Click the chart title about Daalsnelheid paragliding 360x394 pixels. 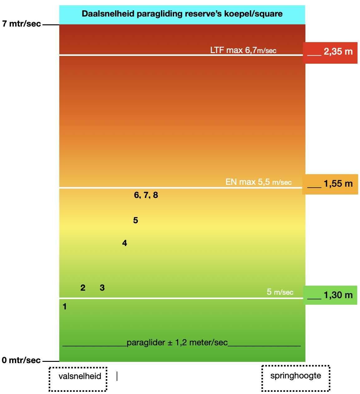[x=182, y=14]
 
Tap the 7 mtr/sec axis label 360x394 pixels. [x=22, y=24]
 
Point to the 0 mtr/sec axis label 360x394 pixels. [x=21, y=360]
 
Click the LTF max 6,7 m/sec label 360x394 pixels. [x=243, y=50]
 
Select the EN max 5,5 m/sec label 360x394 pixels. [x=259, y=182]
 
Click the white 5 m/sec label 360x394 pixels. [x=280, y=292]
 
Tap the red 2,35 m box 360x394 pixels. [x=330, y=52]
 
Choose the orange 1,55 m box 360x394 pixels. [x=330, y=184]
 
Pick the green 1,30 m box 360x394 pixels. [x=330, y=295]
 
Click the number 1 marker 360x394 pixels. [x=65, y=307]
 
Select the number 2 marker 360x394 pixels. [x=83, y=288]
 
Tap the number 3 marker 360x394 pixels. [x=102, y=288]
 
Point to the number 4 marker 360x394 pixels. [x=124, y=243]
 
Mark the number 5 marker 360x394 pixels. [x=135, y=220]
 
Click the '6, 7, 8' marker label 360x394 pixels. [x=146, y=195]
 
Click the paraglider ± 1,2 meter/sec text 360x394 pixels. [x=177, y=342]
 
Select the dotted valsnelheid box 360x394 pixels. [x=78, y=379]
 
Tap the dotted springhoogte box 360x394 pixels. [x=295, y=378]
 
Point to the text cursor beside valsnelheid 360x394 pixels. [x=117, y=376]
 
